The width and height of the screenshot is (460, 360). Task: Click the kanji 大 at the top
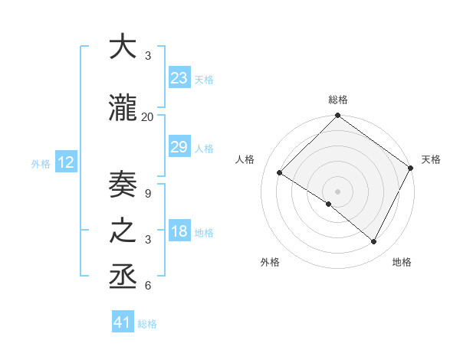coord(123,47)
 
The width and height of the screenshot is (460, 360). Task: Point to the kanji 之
coord(123,232)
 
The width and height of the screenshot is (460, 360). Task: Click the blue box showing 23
coord(179,77)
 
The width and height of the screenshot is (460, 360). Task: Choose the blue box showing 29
coord(179,147)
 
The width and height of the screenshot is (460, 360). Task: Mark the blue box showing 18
coord(179,231)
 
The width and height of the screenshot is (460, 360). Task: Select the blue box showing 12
coord(66,162)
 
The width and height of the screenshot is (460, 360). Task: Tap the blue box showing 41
coord(123,322)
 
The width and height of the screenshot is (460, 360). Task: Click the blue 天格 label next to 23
coord(204,79)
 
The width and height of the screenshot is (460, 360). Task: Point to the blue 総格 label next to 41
coord(147,324)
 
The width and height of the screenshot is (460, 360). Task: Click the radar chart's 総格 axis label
coord(338,100)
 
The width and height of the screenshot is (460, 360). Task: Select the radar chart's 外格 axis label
coord(270,263)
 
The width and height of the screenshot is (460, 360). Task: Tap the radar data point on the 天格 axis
coord(411,169)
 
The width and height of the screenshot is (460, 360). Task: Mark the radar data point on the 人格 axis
coord(280,173)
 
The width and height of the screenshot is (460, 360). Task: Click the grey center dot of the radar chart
coord(337,190)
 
